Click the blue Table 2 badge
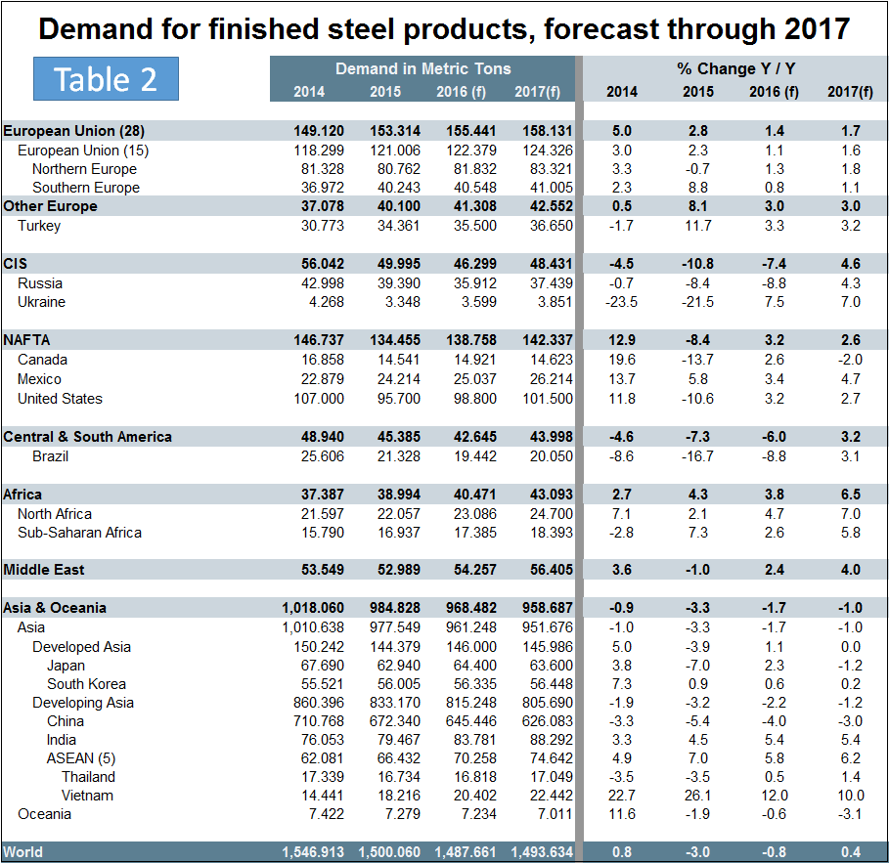(106, 78)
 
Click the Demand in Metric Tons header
(423, 68)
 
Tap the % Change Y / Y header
(735, 68)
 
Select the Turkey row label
(39, 226)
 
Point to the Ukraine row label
(41, 302)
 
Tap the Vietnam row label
(87, 796)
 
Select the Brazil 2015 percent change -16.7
(698, 456)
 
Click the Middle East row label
(44, 570)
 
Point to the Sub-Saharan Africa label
(79, 533)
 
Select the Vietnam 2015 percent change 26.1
(698, 796)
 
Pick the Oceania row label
(44, 814)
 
